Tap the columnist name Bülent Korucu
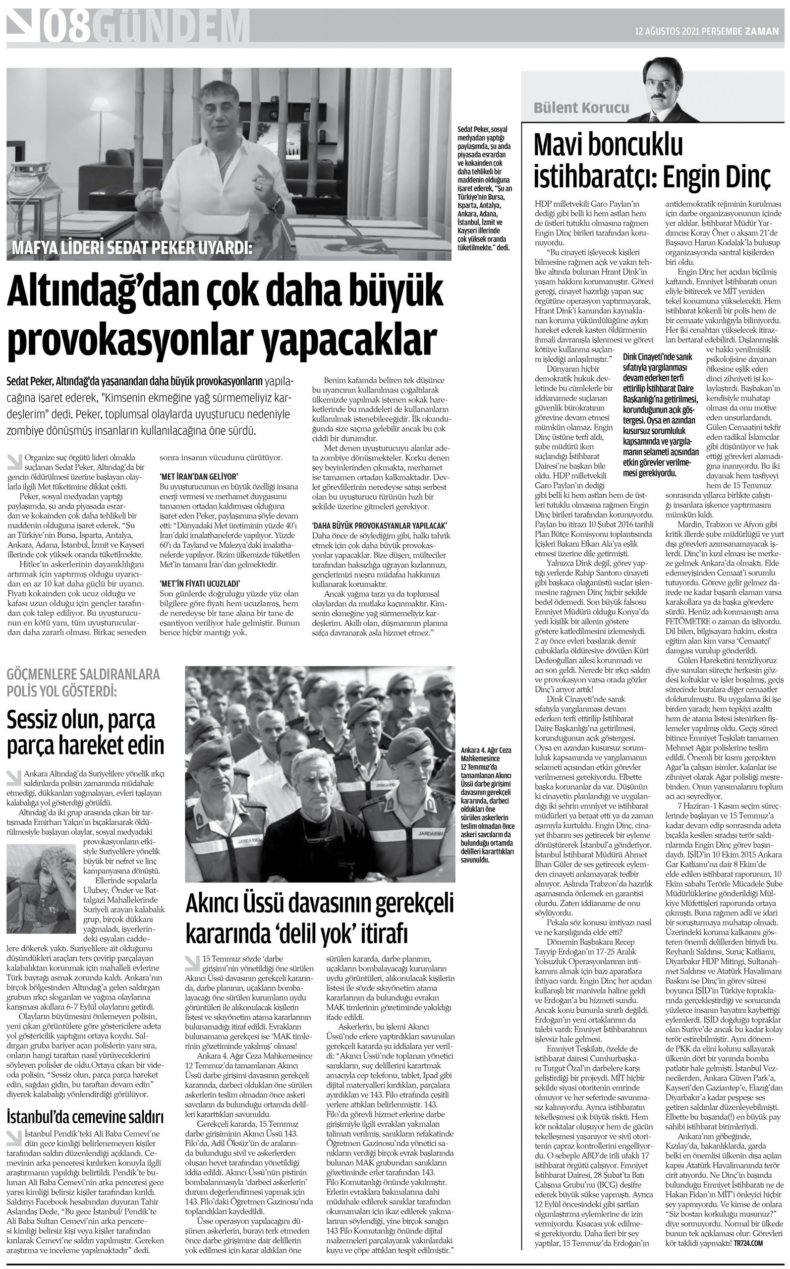click(581, 108)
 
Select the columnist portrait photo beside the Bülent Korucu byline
click(664, 89)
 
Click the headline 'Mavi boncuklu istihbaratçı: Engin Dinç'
click(652, 162)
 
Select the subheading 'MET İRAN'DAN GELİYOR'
click(199, 476)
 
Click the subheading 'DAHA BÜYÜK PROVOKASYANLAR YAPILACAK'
click(380, 525)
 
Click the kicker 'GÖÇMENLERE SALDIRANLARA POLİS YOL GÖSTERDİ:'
click(83, 682)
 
